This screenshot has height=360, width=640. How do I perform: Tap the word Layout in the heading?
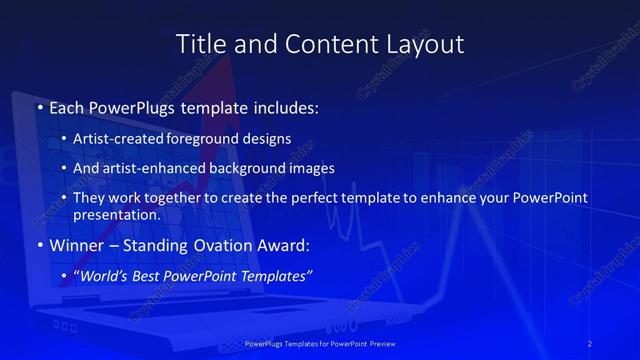click(426, 45)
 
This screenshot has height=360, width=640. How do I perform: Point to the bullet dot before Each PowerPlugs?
click(39, 105)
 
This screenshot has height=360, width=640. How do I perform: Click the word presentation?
click(116, 214)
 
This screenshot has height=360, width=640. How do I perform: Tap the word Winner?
click(76, 244)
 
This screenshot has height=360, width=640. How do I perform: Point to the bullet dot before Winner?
click(39, 244)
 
